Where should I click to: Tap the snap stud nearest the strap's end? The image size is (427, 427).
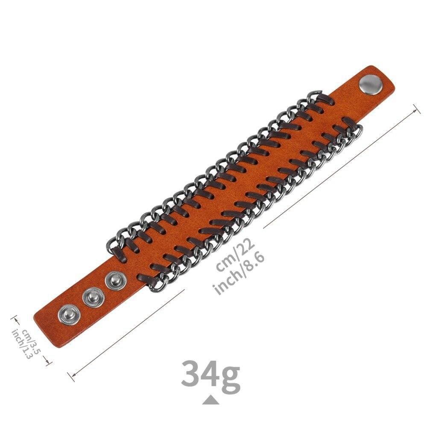(69, 315)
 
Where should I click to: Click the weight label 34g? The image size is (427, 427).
(210, 373)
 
